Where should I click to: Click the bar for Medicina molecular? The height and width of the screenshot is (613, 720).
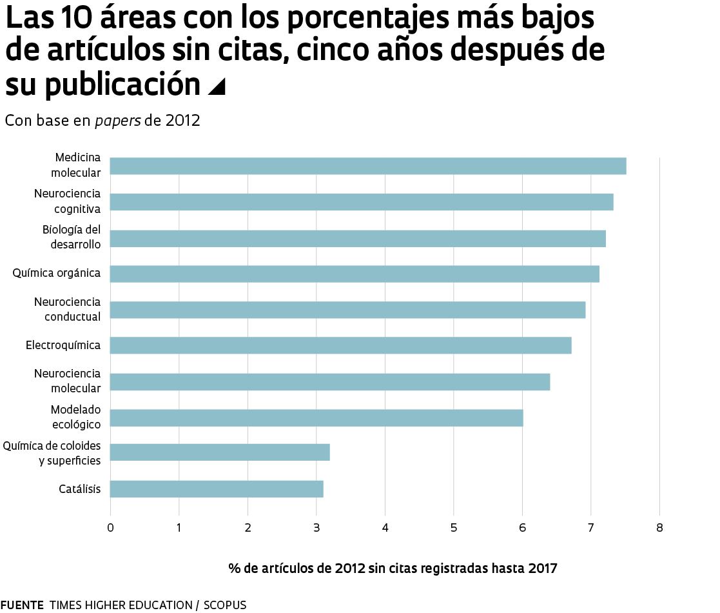pos(367,166)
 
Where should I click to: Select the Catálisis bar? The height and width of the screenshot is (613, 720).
pos(217,489)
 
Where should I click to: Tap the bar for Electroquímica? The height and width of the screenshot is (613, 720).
pos(340,345)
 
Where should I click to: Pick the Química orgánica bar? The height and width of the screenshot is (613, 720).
pos(355,274)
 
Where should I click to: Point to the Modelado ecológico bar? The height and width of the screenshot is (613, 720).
pos(316,417)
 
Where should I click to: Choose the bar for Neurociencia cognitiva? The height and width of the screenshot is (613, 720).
pos(361,202)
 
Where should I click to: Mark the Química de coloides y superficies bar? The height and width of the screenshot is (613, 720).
pos(220,452)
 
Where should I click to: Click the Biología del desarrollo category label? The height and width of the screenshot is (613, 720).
pos(72,237)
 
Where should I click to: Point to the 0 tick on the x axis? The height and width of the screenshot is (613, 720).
pos(110,528)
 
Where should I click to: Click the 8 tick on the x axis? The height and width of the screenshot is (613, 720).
pos(659,528)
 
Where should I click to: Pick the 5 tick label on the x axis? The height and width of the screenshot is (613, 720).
pos(454,528)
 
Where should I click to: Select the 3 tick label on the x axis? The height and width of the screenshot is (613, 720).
pos(316,528)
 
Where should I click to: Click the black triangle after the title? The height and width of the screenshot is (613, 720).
pos(217,86)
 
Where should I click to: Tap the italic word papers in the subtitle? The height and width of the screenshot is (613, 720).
pos(118,121)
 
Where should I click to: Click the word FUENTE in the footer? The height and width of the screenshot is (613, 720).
pos(22,605)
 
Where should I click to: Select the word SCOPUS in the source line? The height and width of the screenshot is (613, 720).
pos(225,605)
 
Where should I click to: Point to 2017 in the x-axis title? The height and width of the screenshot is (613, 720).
pos(543,568)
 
